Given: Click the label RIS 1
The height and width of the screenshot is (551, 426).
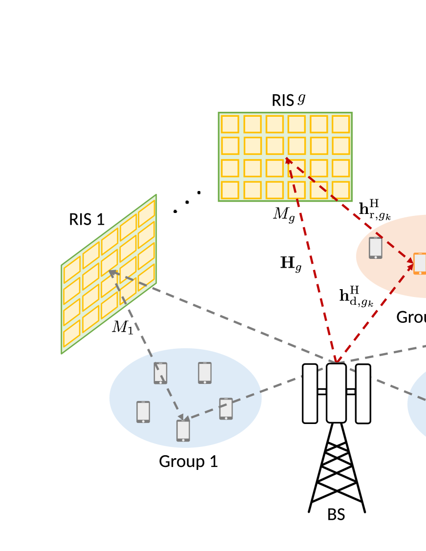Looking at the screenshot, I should (86, 220).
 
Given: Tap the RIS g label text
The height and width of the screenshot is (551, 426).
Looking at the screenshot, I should (288, 100).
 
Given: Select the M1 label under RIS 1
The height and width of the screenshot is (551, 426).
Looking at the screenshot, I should (122, 328).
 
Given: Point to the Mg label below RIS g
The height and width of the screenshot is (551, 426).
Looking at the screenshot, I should (284, 214).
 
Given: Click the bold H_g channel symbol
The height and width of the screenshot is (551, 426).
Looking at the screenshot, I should (291, 264).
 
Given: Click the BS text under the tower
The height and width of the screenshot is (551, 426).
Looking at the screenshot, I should (336, 515).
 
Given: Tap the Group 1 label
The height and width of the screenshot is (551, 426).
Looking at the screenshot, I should (188, 462).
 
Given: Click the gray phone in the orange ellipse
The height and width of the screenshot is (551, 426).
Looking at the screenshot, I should (375, 248).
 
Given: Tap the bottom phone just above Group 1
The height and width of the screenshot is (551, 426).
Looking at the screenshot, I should (183, 430).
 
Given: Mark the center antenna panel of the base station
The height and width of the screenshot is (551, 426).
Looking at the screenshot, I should (336, 393).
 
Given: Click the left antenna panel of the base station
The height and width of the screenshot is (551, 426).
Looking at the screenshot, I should (310, 393).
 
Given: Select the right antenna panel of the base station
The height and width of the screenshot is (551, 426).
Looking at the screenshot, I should (362, 393).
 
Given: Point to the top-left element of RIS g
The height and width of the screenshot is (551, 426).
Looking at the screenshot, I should (230, 124).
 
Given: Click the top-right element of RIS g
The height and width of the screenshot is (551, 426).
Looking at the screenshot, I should (341, 124).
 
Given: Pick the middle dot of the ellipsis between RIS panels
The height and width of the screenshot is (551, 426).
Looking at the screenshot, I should (187, 202).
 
